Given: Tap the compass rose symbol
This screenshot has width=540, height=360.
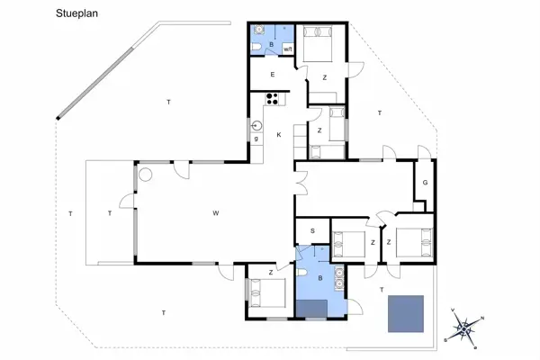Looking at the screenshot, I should (x=463, y=328).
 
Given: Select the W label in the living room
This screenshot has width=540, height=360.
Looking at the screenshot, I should (x=216, y=213).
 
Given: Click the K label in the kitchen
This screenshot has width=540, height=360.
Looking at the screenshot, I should (x=279, y=135).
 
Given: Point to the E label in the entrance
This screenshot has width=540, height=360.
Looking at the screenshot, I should (x=272, y=75).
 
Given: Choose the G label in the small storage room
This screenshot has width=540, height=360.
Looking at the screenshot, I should (x=424, y=183).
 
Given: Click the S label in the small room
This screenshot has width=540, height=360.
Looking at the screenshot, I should (x=312, y=231).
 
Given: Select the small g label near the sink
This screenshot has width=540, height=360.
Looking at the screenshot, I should (x=256, y=138).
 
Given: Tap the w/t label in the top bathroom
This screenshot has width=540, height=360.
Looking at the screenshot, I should (x=288, y=49).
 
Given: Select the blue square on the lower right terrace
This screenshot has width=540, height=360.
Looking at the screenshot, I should (x=406, y=313).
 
